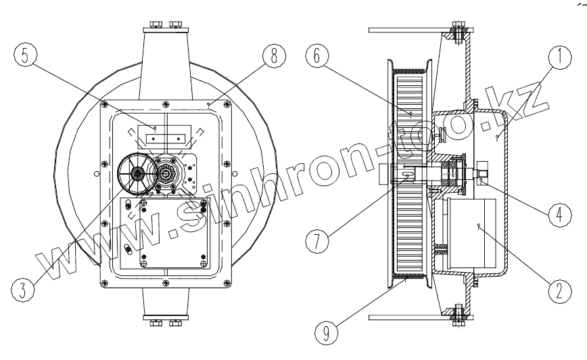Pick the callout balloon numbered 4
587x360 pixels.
[557, 214]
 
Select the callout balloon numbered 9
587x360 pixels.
[326, 333]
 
